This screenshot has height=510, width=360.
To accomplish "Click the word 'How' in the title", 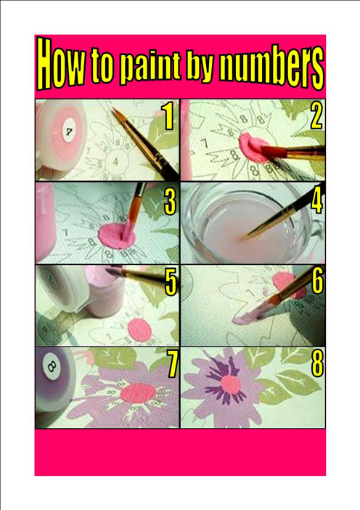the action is point(62,64).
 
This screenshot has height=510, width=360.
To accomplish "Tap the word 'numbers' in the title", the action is point(271,68).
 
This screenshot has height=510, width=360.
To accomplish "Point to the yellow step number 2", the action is point(316,116).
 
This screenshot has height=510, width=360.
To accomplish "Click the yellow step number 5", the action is point(171,283).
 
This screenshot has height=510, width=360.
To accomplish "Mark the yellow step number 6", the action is point(318,281).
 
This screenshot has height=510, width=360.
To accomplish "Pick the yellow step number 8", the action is point(318,364).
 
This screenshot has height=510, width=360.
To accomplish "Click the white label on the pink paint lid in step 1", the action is point(69,130).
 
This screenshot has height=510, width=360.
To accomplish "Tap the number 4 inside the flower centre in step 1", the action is point(115,161).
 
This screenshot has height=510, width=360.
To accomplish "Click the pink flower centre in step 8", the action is point(230,385).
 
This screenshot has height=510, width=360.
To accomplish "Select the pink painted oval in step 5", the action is point(139,330).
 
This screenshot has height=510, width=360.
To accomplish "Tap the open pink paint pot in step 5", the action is point(105,291).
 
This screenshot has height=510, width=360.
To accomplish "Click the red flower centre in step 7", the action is point(139,393).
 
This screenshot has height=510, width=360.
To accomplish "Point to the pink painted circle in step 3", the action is point(116,236).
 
